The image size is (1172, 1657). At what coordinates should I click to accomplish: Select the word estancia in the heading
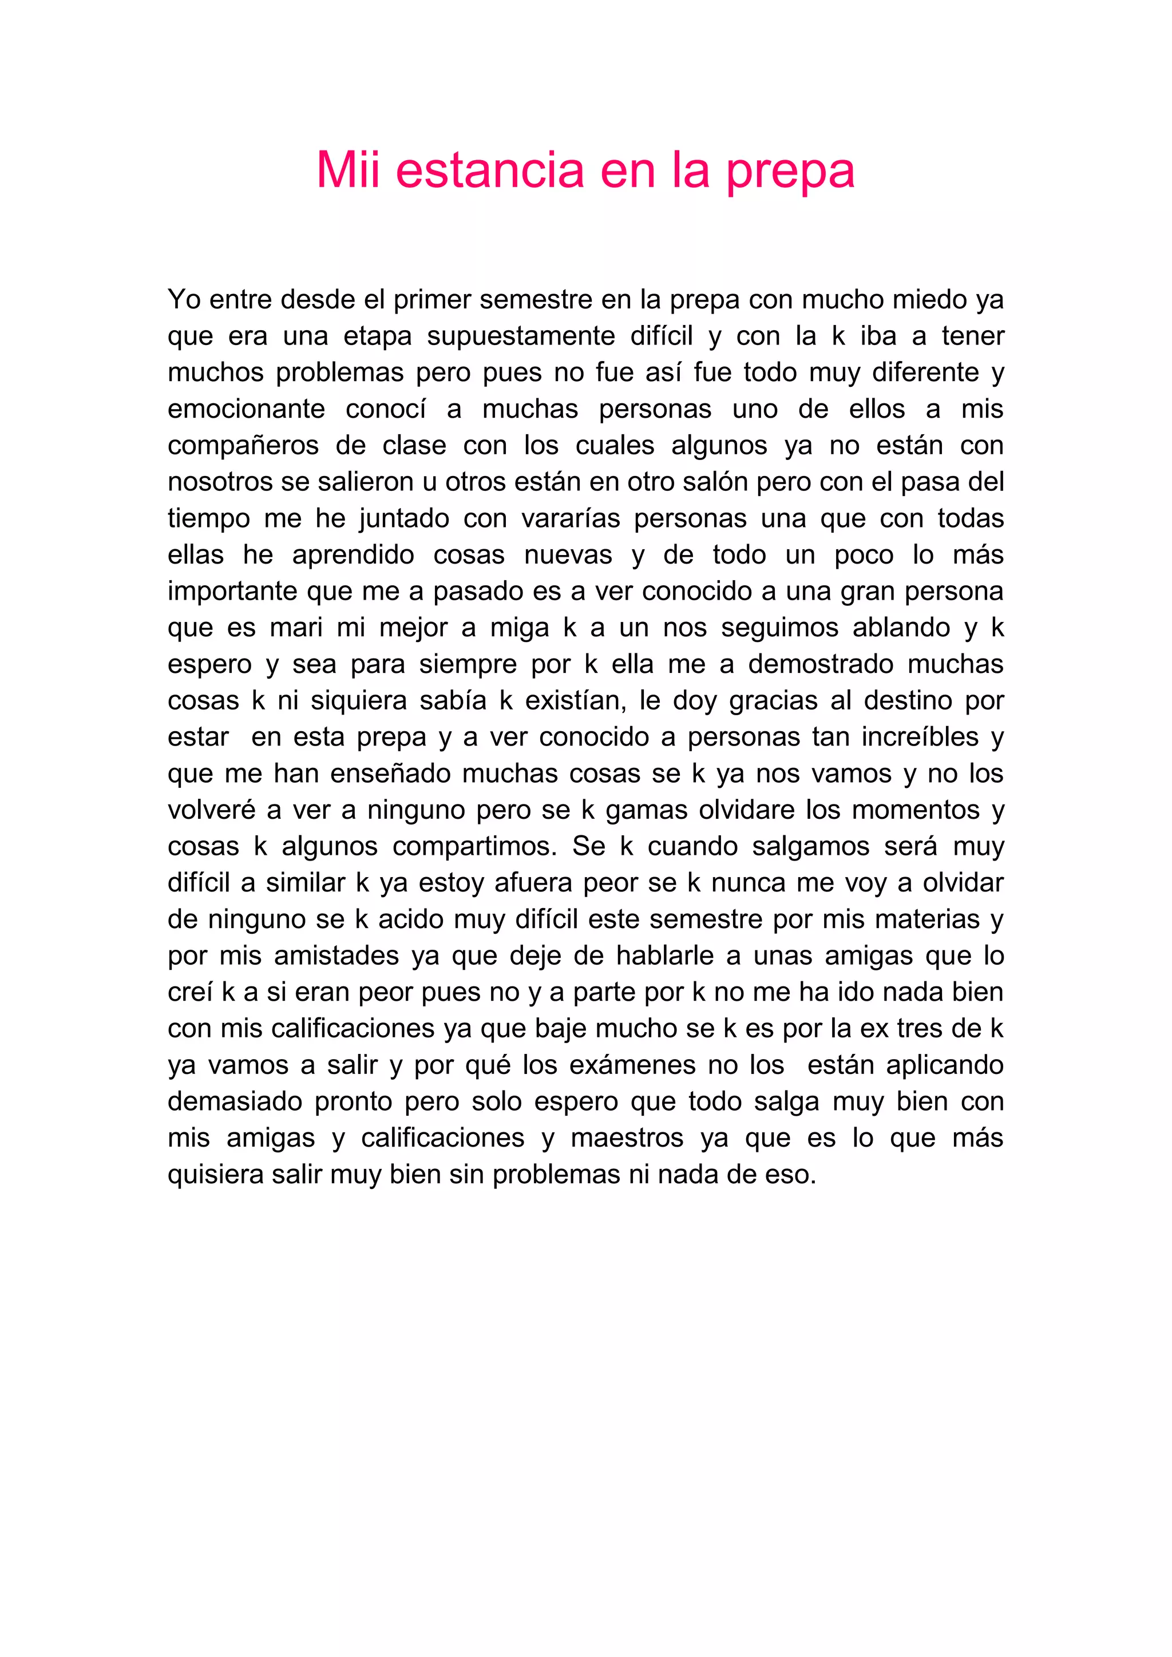pos(490,171)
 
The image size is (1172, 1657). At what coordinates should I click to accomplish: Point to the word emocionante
pos(246,409)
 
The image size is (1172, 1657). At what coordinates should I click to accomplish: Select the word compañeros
pos(243,446)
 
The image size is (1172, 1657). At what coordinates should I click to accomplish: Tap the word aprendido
pos(353,556)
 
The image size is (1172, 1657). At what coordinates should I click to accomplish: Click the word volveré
pos(211,810)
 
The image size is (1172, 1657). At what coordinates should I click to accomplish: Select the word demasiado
pos(235,1102)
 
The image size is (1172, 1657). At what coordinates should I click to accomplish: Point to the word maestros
pos(627,1139)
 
